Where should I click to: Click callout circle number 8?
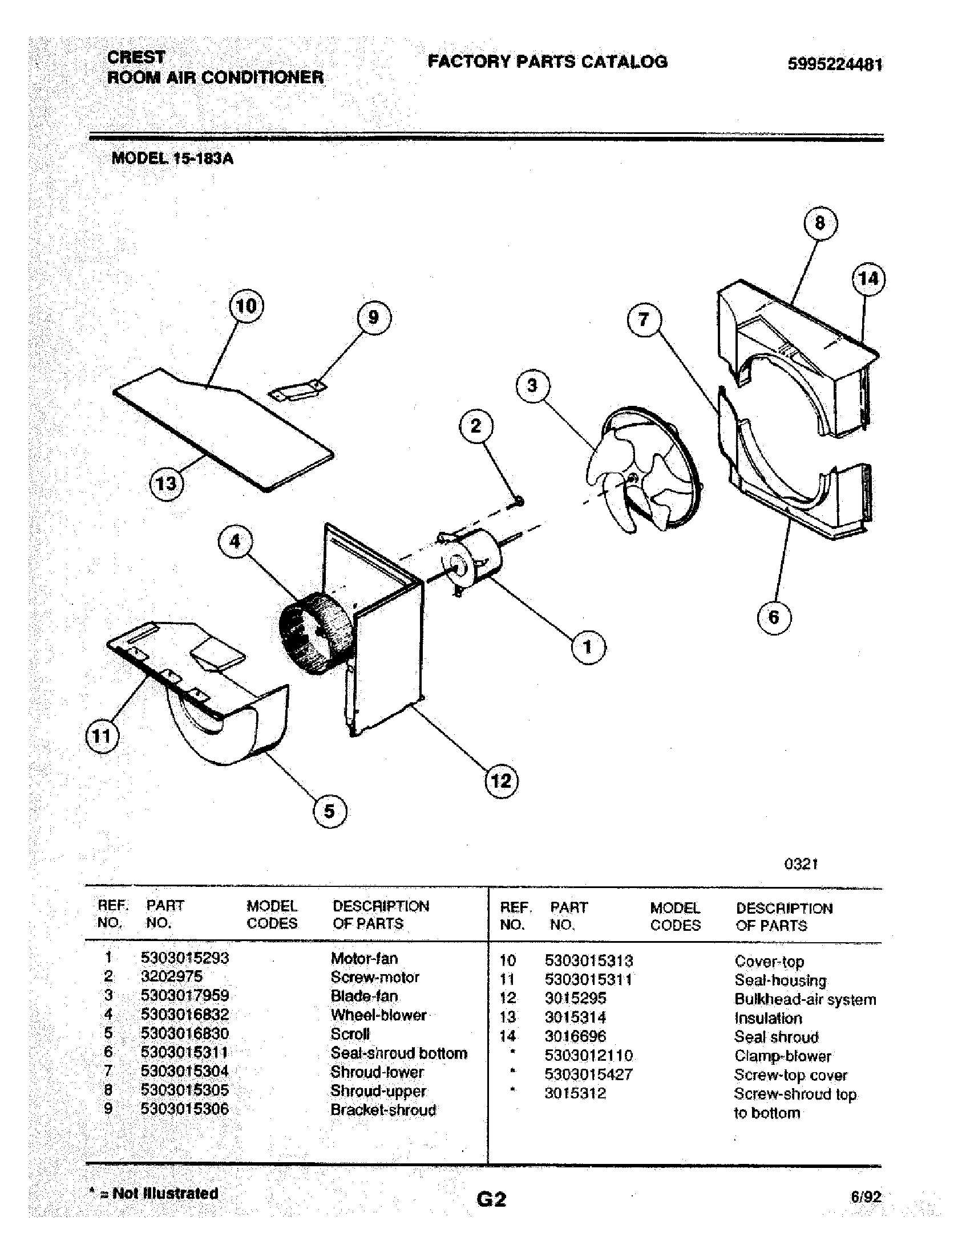[819, 223]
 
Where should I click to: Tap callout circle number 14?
[868, 280]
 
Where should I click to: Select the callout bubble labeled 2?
[476, 426]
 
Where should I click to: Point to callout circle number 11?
[102, 736]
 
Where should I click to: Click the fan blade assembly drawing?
[644, 471]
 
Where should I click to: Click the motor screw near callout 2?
[518, 502]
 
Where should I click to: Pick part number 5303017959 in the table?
[184, 995]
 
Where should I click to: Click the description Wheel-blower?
[378, 1015]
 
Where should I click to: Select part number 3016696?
[575, 1036]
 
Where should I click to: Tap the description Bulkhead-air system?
[805, 999]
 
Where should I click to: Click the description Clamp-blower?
[783, 1056]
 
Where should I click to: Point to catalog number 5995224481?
[834, 64]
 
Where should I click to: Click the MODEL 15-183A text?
[172, 158]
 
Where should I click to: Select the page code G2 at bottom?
[491, 1199]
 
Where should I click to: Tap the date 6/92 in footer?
[866, 1196]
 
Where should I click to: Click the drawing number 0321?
[801, 864]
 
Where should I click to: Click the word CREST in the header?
[136, 57]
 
